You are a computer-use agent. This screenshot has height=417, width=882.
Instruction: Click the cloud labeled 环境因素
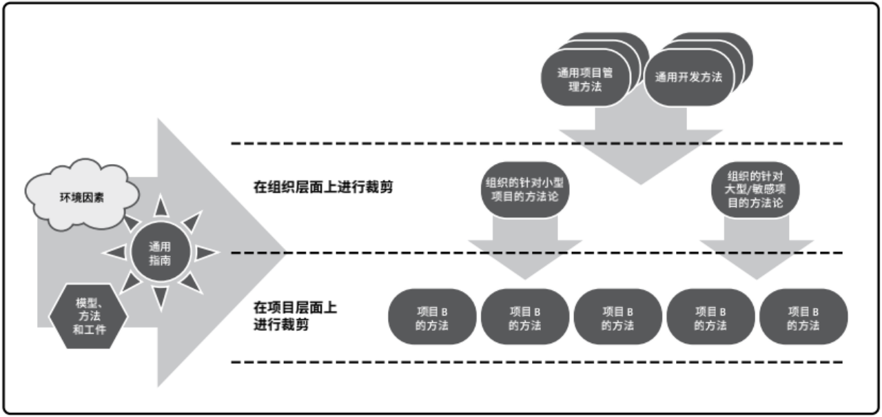tap(82, 195)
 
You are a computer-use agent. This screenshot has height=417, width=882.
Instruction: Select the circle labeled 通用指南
tap(161, 252)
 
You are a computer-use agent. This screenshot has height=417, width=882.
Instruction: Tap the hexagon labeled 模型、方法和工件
tap(88, 316)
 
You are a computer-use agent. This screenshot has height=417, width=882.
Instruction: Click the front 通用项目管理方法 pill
tap(586, 79)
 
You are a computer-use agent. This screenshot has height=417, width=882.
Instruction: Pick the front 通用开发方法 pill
tap(689, 78)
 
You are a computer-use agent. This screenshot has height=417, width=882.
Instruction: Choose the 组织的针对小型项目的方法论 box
tap(525, 190)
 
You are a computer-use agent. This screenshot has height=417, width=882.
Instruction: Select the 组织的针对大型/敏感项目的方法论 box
tap(755, 190)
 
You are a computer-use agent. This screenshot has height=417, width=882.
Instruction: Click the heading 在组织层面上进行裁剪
tap(323, 187)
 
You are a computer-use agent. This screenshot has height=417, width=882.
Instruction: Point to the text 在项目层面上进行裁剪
tap(296, 316)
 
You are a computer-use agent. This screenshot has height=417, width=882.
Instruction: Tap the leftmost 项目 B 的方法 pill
tap(432, 317)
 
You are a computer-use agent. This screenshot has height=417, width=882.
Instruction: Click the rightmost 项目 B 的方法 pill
tap(803, 317)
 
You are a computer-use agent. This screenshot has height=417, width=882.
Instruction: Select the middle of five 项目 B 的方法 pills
tap(617, 317)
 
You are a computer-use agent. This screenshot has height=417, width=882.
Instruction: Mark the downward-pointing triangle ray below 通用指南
tap(161, 297)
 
